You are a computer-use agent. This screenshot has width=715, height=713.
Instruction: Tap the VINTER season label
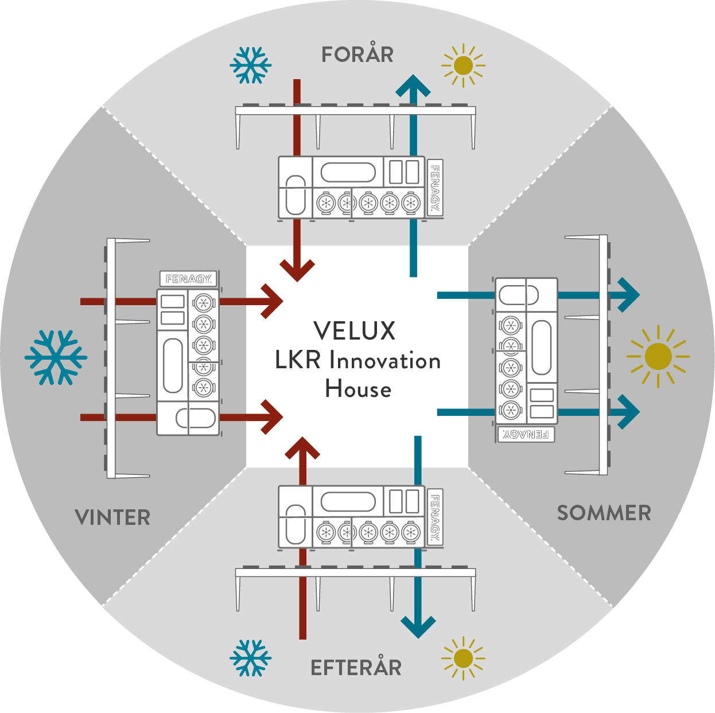(x=112, y=517)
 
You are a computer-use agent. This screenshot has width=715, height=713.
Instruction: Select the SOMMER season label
(x=604, y=513)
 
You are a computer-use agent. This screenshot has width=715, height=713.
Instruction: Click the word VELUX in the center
(x=355, y=330)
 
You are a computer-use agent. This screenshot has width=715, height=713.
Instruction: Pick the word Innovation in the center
(x=385, y=360)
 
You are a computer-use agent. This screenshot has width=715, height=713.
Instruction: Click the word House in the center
(x=358, y=389)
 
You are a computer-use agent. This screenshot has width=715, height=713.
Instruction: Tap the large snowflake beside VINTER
(x=56, y=357)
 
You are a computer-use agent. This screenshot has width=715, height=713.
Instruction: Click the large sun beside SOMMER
(x=658, y=357)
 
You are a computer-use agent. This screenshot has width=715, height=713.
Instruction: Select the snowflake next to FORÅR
(x=250, y=65)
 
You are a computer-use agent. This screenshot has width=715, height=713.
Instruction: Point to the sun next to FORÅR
(x=463, y=65)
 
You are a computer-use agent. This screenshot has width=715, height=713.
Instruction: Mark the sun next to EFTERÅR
(x=463, y=659)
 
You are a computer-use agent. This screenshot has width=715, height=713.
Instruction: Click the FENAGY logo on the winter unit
(x=188, y=279)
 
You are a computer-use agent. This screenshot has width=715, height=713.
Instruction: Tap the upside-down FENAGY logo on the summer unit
(x=526, y=434)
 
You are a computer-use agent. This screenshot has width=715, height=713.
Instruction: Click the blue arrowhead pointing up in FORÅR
(x=413, y=86)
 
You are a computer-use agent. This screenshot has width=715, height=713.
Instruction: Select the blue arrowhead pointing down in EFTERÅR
(x=418, y=628)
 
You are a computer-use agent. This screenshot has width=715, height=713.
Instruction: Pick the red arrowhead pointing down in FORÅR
(x=297, y=270)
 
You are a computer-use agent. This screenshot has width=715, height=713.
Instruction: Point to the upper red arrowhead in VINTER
(x=272, y=301)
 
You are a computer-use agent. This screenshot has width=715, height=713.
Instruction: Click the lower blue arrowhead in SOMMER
(x=629, y=412)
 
